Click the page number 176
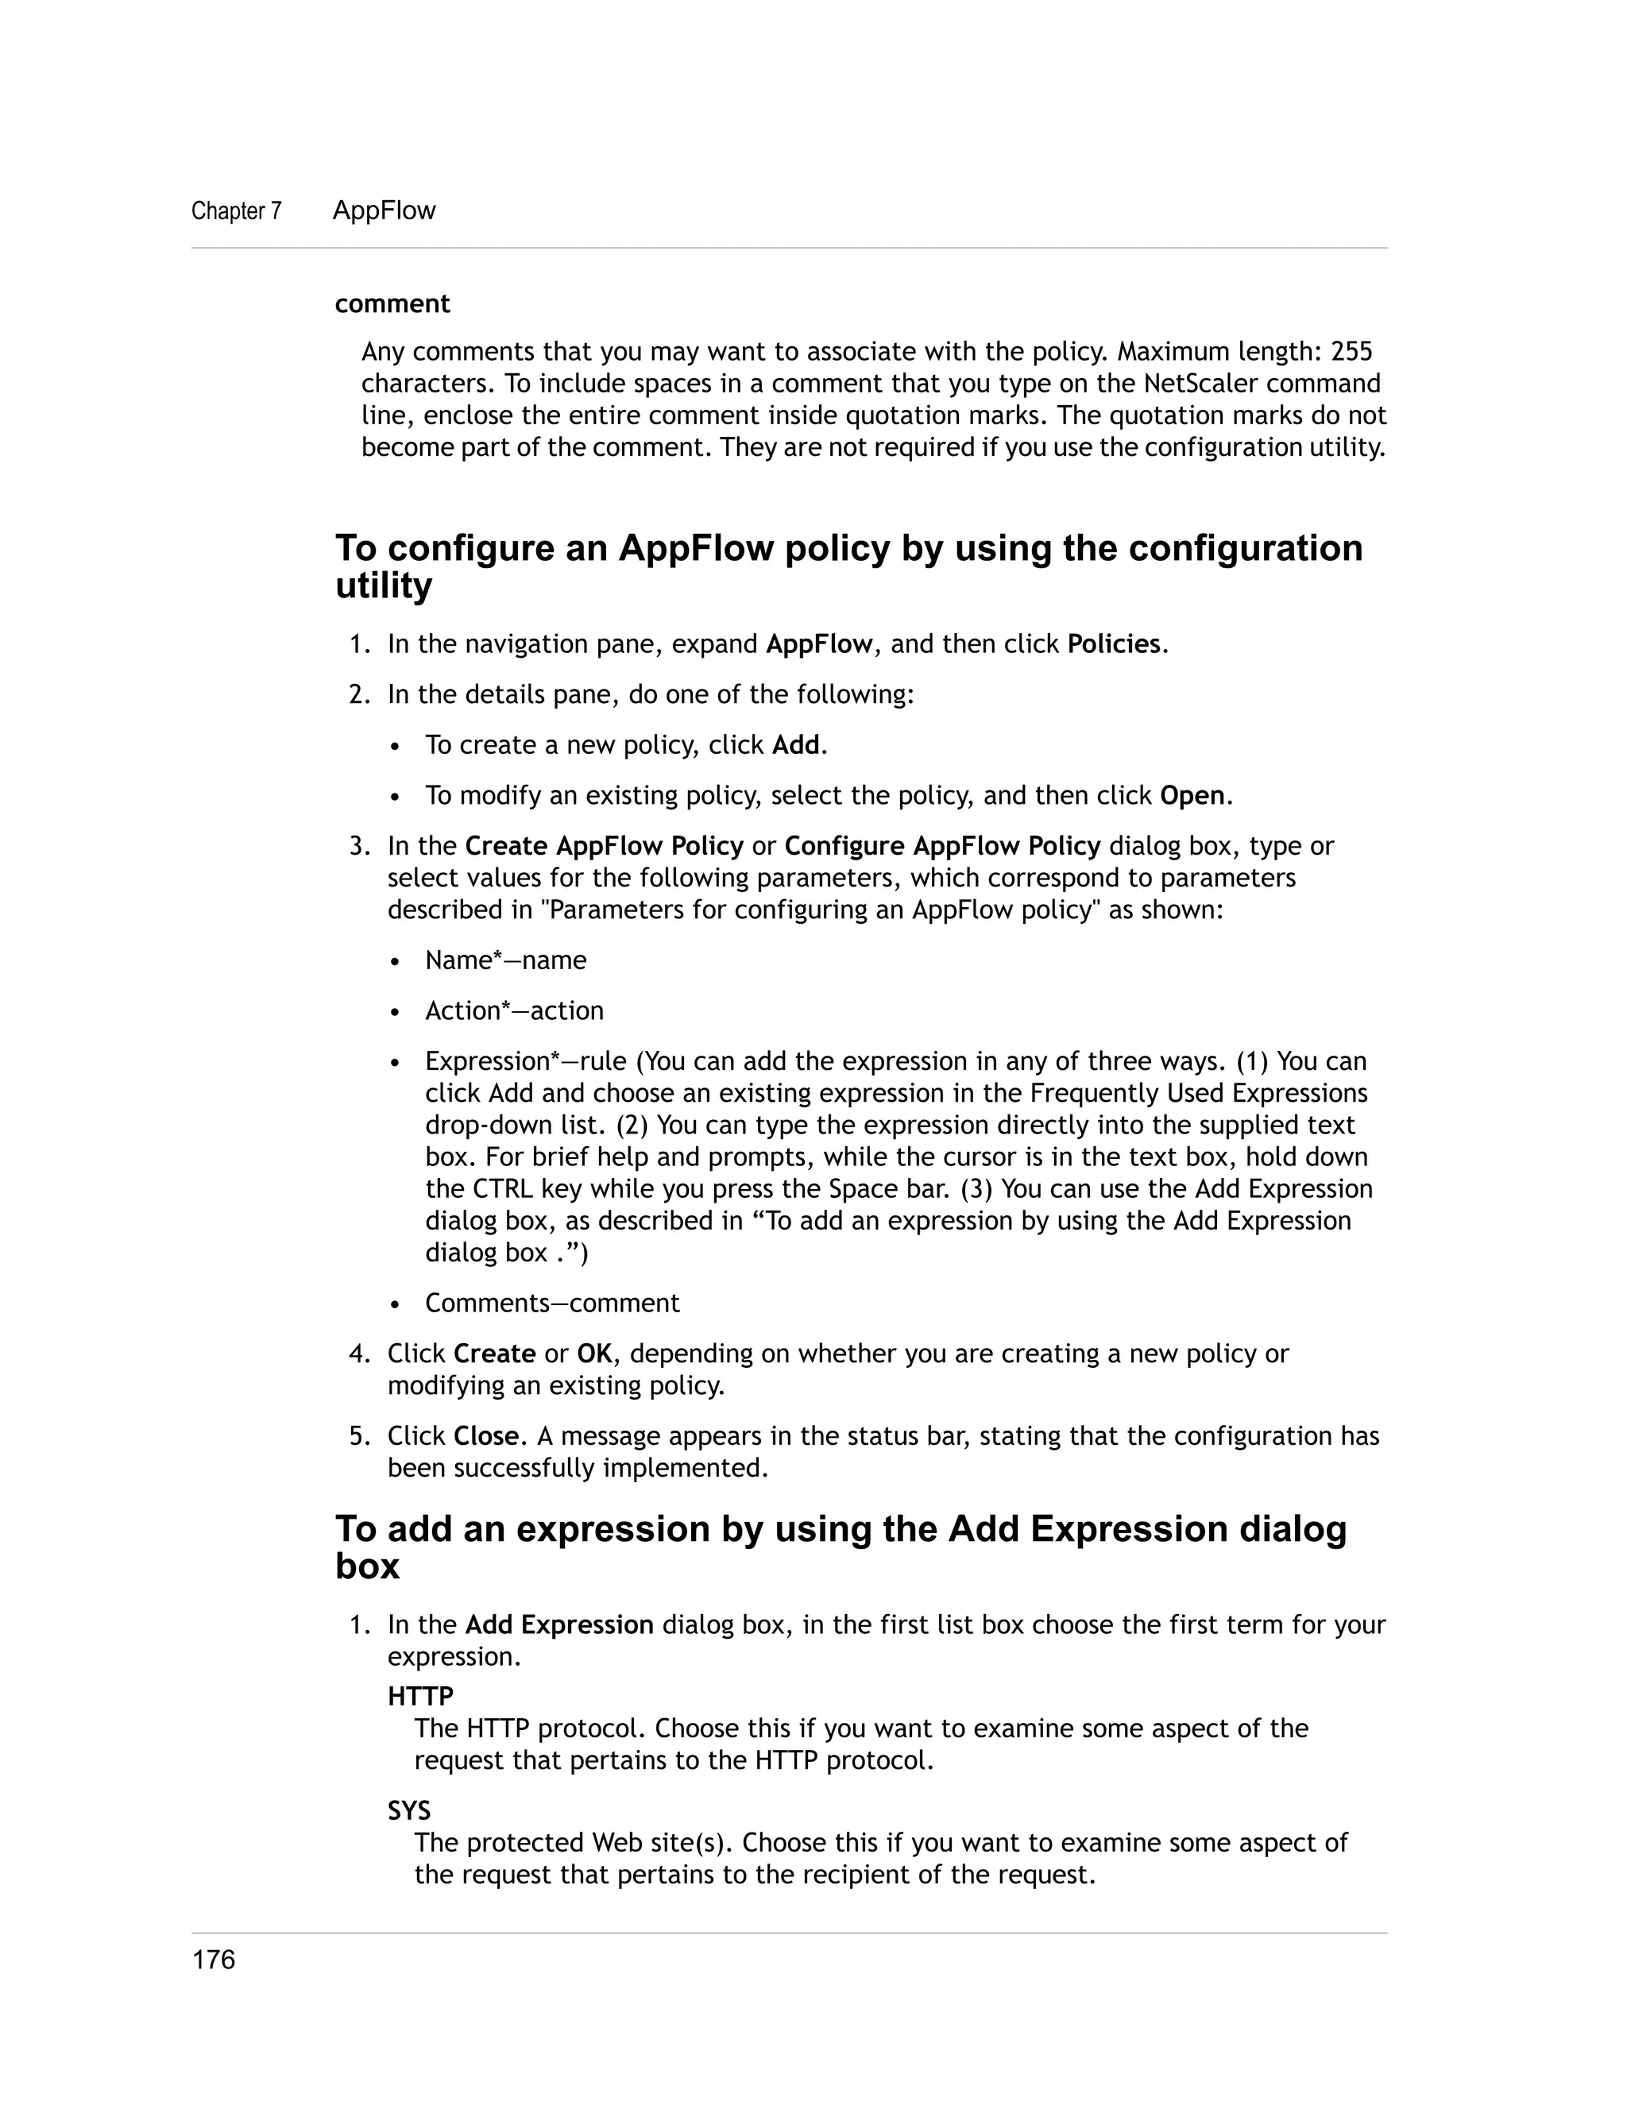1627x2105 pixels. [213, 1960]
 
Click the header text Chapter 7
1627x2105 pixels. [236, 211]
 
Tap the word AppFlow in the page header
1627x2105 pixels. [384, 210]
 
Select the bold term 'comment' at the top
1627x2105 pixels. [392, 303]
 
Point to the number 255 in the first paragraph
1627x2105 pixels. [1351, 351]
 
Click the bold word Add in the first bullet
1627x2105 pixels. [795, 745]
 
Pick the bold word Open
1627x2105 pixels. [1192, 796]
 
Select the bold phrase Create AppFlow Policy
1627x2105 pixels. [604, 846]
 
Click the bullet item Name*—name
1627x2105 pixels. [505, 961]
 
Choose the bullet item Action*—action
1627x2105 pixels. [514, 1011]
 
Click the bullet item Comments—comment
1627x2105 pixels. [551, 1303]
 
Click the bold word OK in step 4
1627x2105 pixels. [593, 1354]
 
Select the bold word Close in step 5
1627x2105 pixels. [485, 1436]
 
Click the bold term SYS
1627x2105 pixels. [408, 1810]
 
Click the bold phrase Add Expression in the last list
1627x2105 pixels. [559, 1625]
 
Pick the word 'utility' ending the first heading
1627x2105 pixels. [384, 586]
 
